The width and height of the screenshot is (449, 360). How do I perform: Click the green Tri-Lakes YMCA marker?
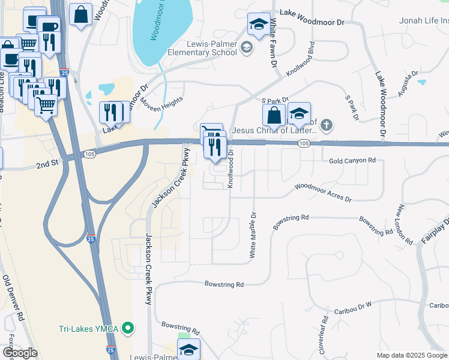pos(127,328)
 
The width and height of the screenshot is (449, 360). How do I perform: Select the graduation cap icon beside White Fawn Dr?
pos(258,25)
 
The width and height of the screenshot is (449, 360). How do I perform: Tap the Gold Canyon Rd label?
pos(352,161)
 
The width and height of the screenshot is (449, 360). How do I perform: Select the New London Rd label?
pos(405,224)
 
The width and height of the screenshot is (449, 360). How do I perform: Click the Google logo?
pos(19,353)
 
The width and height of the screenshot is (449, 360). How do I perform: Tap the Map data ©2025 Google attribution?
pos(412,355)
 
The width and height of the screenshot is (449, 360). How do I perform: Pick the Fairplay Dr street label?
pos(435,231)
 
